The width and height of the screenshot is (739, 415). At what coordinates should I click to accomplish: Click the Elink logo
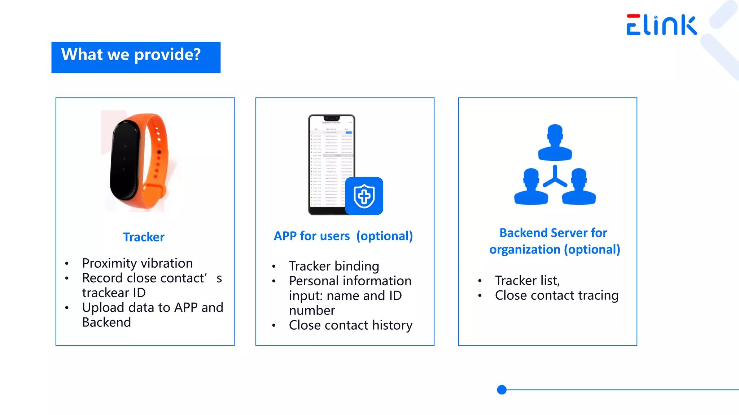click(x=661, y=25)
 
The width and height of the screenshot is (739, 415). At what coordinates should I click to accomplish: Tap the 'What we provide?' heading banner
click(x=136, y=57)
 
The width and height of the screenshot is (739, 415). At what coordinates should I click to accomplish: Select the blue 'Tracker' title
click(x=144, y=237)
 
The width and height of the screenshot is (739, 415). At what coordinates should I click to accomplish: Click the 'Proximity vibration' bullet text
click(x=137, y=263)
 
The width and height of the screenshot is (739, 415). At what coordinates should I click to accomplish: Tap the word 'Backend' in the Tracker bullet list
click(x=106, y=322)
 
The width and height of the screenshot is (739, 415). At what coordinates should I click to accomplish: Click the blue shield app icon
click(x=364, y=196)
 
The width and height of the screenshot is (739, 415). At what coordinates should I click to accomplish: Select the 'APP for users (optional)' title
click(x=343, y=236)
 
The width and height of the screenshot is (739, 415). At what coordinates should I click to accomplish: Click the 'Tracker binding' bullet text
click(x=334, y=266)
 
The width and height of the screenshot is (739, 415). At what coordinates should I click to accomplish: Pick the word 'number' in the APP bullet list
click(x=312, y=311)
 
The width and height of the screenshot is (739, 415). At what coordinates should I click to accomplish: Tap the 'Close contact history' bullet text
click(x=350, y=325)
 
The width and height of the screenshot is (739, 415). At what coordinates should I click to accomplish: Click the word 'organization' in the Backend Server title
click(x=525, y=250)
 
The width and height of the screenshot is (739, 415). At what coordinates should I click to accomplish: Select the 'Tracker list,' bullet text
click(x=527, y=281)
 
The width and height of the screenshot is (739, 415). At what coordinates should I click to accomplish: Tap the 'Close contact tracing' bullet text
click(x=556, y=295)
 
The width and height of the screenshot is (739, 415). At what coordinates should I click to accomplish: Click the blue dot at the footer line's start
click(x=502, y=390)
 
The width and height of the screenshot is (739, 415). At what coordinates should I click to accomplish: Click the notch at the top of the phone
click(x=332, y=118)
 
